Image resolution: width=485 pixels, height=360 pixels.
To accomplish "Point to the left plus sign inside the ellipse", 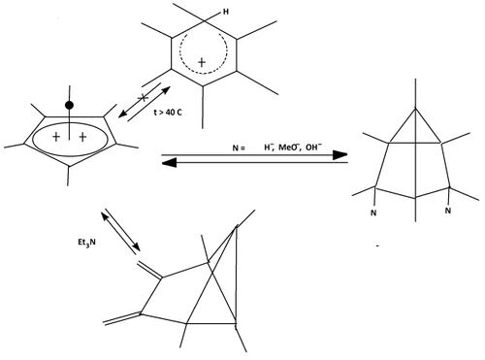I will click(56, 139).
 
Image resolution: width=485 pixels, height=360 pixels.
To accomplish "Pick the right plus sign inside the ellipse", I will click(82, 139).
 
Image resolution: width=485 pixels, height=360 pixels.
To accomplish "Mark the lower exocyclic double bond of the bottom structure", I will click(122, 317).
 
